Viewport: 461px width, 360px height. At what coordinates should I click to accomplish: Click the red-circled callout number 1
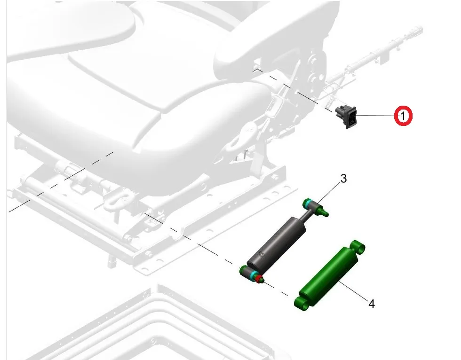[x=403, y=116]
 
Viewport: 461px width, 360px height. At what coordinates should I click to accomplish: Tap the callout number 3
[x=343, y=178]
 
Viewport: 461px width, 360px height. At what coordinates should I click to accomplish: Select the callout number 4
[x=372, y=304]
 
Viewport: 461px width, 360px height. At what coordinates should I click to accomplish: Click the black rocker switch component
[x=347, y=117]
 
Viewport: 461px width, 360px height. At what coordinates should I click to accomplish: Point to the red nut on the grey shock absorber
[x=259, y=279]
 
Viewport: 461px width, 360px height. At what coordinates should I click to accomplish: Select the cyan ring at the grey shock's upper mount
[x=309, y=203]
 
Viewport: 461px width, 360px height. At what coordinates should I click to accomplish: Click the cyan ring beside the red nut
[x=253, y=276]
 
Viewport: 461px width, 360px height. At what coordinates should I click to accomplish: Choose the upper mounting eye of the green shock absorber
[x=358, y=247]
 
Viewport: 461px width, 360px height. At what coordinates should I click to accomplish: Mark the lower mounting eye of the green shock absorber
[x=302, y=303]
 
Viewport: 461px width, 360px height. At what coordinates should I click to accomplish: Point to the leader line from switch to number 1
[x=375, y=116]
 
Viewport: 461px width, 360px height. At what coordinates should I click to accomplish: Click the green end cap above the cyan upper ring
[x=305, y=202]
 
